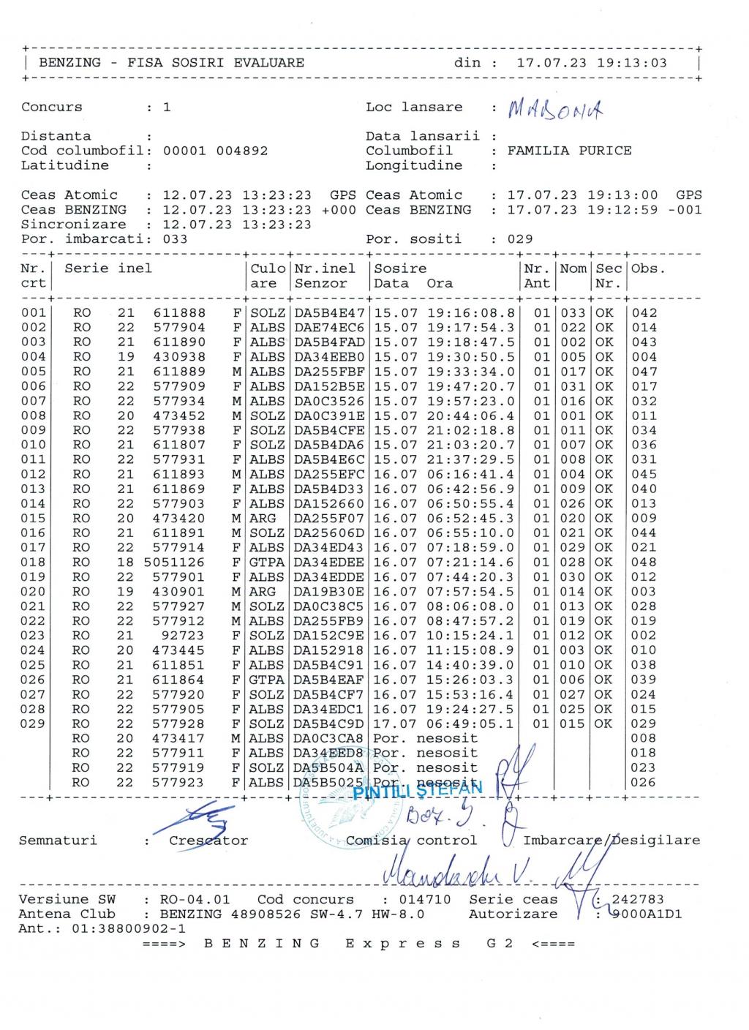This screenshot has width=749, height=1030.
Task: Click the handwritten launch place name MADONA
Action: point(556,110)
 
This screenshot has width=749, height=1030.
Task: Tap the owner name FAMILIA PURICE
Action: point(569,151)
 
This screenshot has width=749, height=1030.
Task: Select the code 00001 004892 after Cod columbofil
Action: point(215,151)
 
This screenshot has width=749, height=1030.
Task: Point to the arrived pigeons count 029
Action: point(520,239)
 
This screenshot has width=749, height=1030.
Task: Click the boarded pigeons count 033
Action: point(175,239)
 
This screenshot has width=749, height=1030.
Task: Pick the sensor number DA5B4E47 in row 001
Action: point(329,313)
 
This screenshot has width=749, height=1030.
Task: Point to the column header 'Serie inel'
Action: point(108,268)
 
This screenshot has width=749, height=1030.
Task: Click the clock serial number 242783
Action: point(637,900)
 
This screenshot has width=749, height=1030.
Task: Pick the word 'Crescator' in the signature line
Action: point(208,841)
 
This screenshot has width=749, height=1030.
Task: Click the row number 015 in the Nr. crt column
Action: point(33,519)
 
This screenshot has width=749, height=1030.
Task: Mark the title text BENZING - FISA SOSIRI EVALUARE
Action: point(171,63)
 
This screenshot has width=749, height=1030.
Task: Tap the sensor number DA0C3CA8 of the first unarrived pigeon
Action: point(329,739)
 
